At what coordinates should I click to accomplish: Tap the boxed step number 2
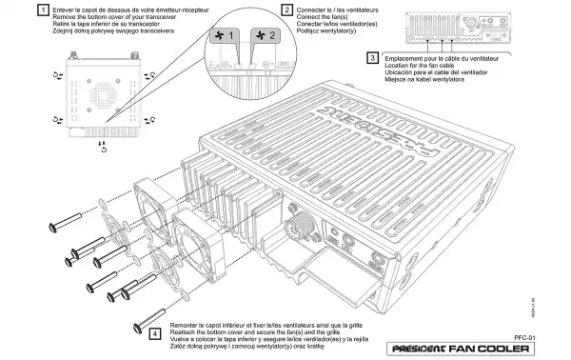click(x=288, y=11)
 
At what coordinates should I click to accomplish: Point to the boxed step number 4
click(x=155, y=333)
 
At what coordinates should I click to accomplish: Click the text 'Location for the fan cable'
click(x=428, y=65)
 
